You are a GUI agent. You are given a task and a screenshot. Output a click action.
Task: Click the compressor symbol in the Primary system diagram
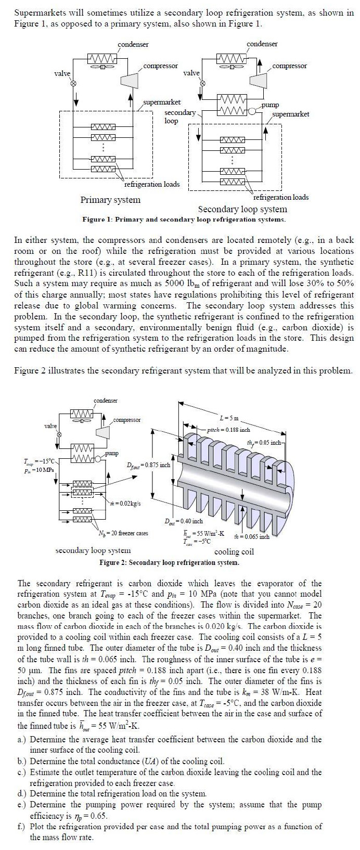click(127, 80)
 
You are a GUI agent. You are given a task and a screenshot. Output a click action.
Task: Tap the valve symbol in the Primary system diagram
click(73, 83)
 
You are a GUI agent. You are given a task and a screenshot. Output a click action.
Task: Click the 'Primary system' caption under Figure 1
click(110, 200)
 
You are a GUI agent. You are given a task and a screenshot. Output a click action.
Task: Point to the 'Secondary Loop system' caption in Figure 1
click(242, 209)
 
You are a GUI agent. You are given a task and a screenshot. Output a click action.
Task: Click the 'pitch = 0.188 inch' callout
click(228, 430)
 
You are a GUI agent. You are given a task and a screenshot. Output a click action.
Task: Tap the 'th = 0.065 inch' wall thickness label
click(252, 536)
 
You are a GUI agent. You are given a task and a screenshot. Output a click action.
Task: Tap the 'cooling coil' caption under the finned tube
click(234, 551)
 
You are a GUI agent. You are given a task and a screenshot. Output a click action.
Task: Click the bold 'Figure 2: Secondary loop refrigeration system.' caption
click(170, 563)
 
